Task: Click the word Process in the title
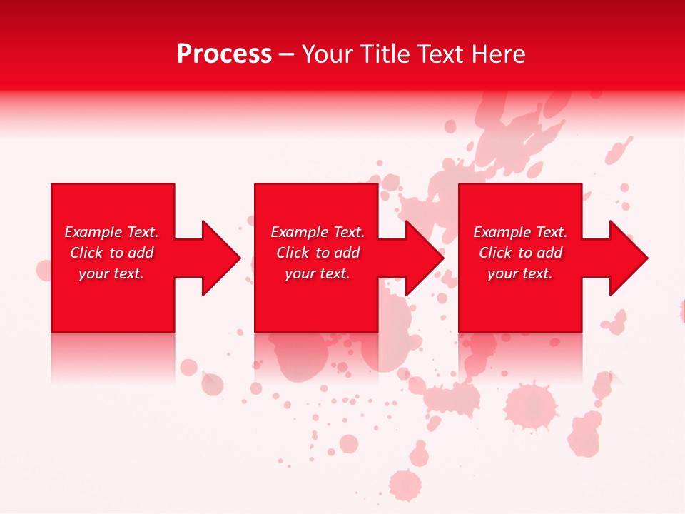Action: pyautogui.click(x=224, y=54)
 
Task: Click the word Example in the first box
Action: pyautogui.click(x=93, y=232)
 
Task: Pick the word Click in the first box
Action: pyautogui.click(x=88, y=253)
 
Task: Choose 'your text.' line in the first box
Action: pyautogui.click(x=111, y=273)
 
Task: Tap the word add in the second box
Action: pyautogui.click(x=347, y=253)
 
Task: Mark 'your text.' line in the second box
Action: pyautogui.click(x=318, y=273)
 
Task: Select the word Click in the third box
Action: pyautogui.click(x=496, y=253)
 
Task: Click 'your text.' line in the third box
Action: pyautogui.click(x=520, y=273)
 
